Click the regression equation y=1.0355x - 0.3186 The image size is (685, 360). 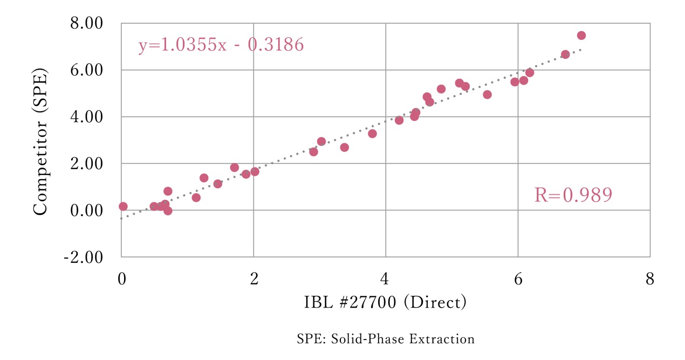pyautogui.click(x=221, y=45)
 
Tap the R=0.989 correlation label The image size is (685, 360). pyautogui.click(x=573, y=195)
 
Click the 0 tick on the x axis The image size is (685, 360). pyautogui.click(x=122, y=280)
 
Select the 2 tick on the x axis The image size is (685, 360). pyautogui.click(x=254, y=280)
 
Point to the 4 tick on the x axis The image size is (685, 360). pyautogui.click(x=386, y=280)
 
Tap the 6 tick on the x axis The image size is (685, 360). pyautogui.click(x=518, y=280)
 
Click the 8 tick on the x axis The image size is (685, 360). pyautogui.click(x=650, y=280)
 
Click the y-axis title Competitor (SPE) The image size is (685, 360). pyautogui.click(x=42, y=141)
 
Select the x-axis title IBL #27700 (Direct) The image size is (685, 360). pyautogui.click(x=385, y=303)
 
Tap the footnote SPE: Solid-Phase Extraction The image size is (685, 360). pyautogui.click(x=385, y=339)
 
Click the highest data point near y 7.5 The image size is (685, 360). pyautogui.click(x=581, y=36)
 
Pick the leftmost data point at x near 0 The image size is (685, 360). pyautogui.click(x=123, y=206)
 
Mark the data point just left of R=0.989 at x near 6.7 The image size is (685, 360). pyautogui.click(x=565, y=55)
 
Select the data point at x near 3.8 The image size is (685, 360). pyautogui.click(x=372, y=133)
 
